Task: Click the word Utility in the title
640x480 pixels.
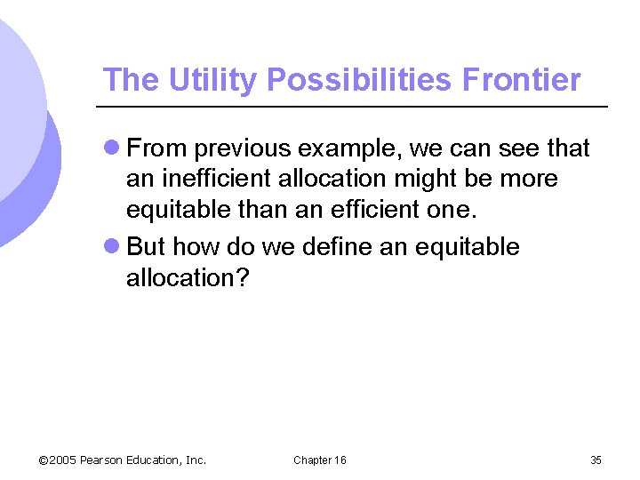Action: (211, 80)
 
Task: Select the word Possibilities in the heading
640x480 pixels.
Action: (360, 80)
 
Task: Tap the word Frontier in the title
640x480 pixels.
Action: (521, 80)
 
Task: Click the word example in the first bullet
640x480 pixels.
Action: (349, 148)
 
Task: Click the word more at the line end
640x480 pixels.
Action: (530, 179)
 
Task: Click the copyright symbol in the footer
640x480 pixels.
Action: (44, 460)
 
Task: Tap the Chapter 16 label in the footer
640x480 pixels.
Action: (320, 460)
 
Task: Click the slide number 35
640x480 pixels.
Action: (596, 460)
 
